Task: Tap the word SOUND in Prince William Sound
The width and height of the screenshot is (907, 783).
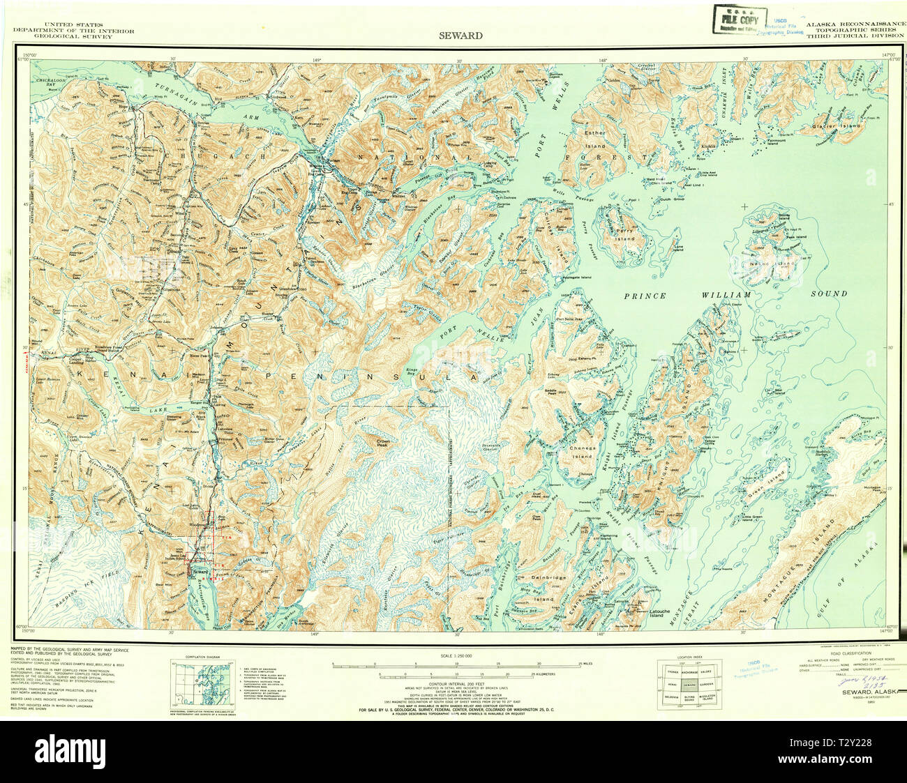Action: pos(829,294)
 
